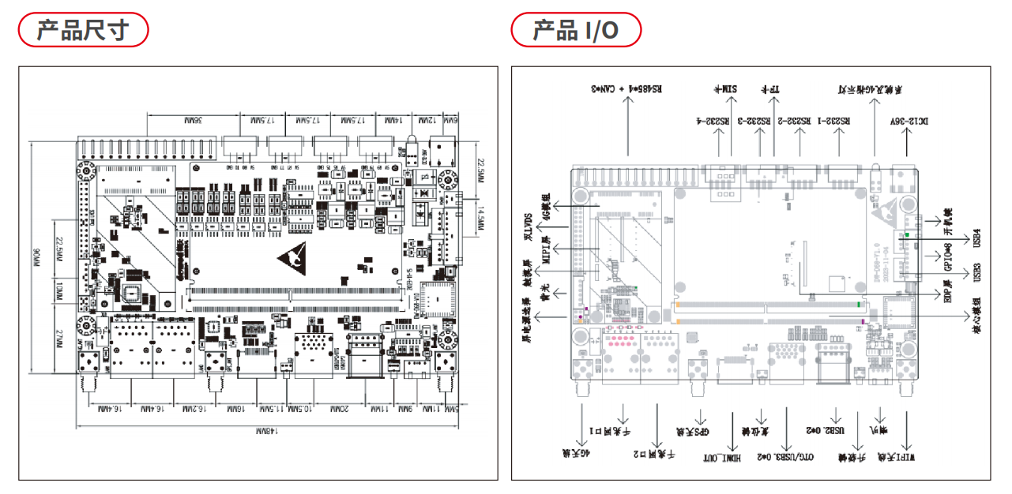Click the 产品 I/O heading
pos(575,31)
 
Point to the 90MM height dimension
pos(36,256)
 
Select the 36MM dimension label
pos(194,121)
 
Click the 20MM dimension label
pos(340,410)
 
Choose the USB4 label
pos(977,237)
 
